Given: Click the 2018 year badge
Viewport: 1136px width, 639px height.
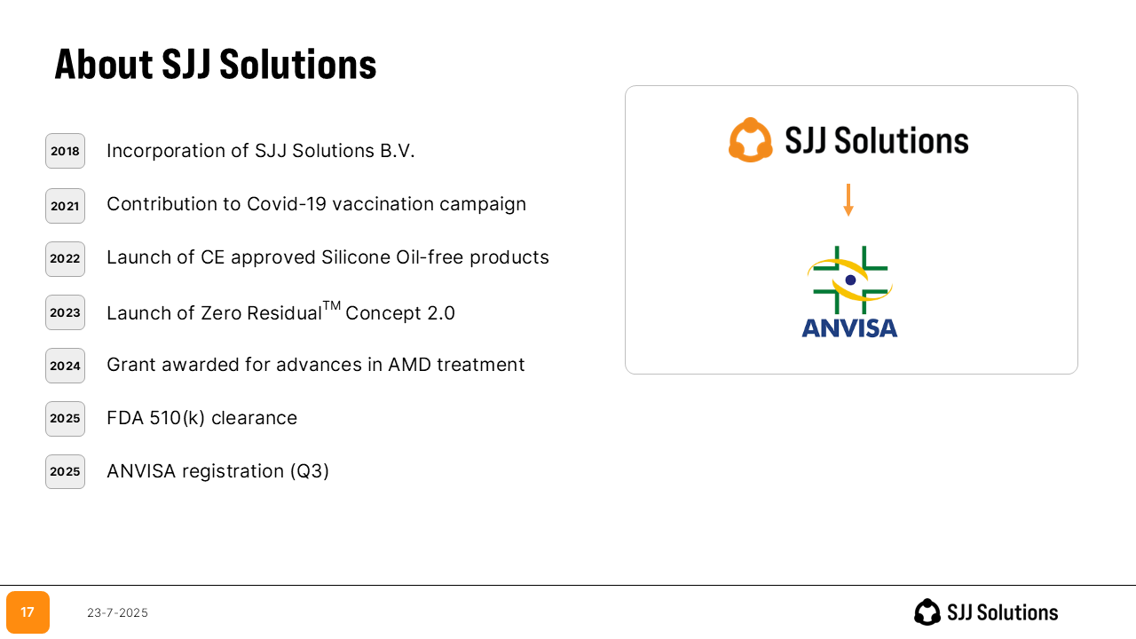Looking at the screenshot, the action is (x=65, y=151).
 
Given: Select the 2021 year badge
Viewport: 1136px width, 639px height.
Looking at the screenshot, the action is (x=65, y=206).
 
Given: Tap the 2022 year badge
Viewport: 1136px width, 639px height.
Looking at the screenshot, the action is (x=65, y=258).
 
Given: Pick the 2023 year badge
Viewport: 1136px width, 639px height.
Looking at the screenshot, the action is (x=65, y=312).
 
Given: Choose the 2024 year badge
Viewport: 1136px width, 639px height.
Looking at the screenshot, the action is (x=65, y=366).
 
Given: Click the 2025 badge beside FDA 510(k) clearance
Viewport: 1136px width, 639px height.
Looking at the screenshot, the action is (x=65, y=418).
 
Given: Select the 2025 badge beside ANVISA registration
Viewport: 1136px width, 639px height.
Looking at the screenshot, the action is (x=65, y=471).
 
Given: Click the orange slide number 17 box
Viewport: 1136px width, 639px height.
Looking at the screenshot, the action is (x=28, y=612).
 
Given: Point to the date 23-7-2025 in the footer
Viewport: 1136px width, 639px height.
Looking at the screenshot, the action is (x=118, y=613).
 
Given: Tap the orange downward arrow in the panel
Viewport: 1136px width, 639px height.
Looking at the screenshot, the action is (x=848, y=201).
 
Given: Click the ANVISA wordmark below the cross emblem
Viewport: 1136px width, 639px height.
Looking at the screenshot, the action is (x=849, y=328).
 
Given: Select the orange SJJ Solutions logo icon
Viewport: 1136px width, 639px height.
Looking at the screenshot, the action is (x=751, y=140).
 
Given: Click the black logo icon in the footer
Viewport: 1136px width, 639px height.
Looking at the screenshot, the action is (x=927, y=612).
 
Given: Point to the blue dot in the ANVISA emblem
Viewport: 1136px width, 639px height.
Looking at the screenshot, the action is (x=850, y=280).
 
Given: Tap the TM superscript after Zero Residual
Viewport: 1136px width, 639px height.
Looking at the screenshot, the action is (x=332, y=306).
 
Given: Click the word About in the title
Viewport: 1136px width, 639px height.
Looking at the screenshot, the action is (x=104, y=65).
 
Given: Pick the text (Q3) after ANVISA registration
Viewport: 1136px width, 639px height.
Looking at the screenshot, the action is (x=310, y=471).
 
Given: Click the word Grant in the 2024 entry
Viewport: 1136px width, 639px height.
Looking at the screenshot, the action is (x=131, y=365).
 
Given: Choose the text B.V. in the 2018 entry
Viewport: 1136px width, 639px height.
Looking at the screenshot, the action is (x=398, y=151).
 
